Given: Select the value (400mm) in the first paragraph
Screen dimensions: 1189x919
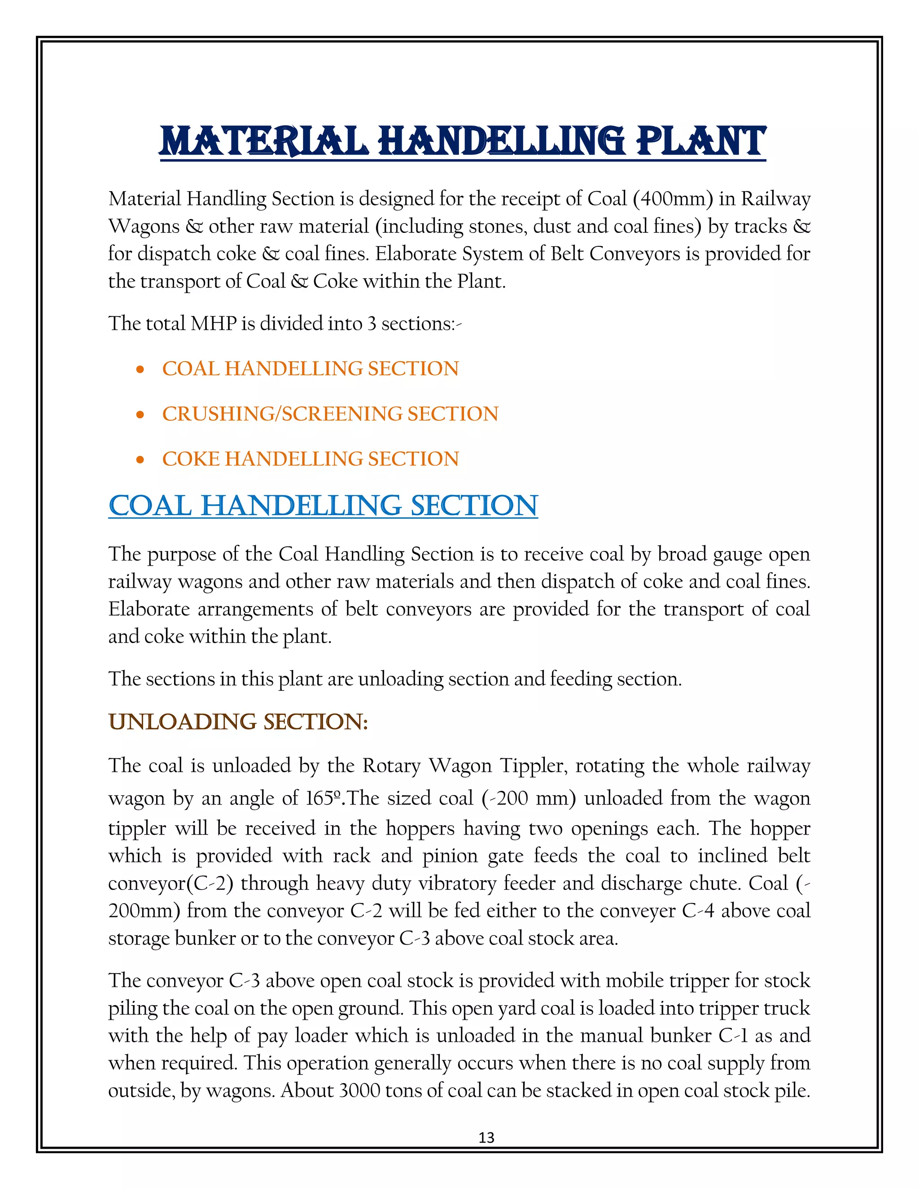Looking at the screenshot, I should pyautogui.click(x=673, y=199).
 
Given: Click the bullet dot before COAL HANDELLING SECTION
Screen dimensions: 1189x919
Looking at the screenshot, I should pyautogui.click(x=140, y=370).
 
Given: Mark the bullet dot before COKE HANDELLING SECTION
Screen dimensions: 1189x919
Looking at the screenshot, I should pyautogui.click(x=140, y=460).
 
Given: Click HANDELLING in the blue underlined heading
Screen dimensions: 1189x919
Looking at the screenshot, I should pyautogui.click(x=301, y=506).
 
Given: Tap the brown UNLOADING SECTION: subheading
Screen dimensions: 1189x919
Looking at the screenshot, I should pyautogui.click(x=238, y=722).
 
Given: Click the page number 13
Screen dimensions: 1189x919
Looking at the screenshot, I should pyautogui.click(x=486, y=1138).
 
